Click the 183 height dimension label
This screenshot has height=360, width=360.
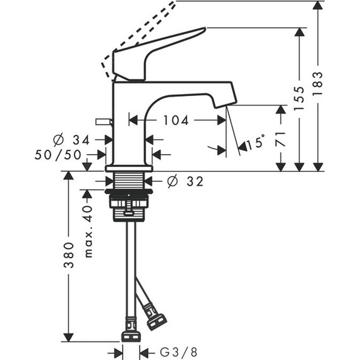coord(318,83)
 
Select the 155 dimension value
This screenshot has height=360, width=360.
coord(299,99)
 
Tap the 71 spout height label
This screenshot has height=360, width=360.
coord(280,139)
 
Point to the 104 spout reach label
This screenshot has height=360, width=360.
coord(176,120)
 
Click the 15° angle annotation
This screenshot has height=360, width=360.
coord(255,143)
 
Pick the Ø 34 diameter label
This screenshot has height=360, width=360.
coord(71,140)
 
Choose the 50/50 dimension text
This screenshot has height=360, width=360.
coord(58,155)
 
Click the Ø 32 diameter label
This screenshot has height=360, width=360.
coord(185,181)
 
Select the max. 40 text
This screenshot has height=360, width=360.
coord(88,231)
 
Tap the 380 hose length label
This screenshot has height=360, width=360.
coord(69,255)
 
